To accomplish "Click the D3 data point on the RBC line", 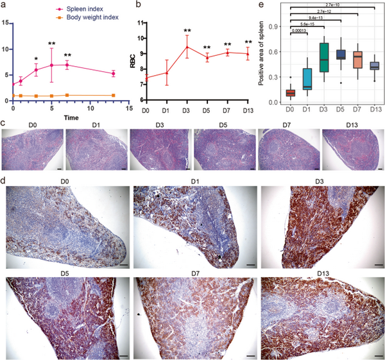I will click(187, 47).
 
